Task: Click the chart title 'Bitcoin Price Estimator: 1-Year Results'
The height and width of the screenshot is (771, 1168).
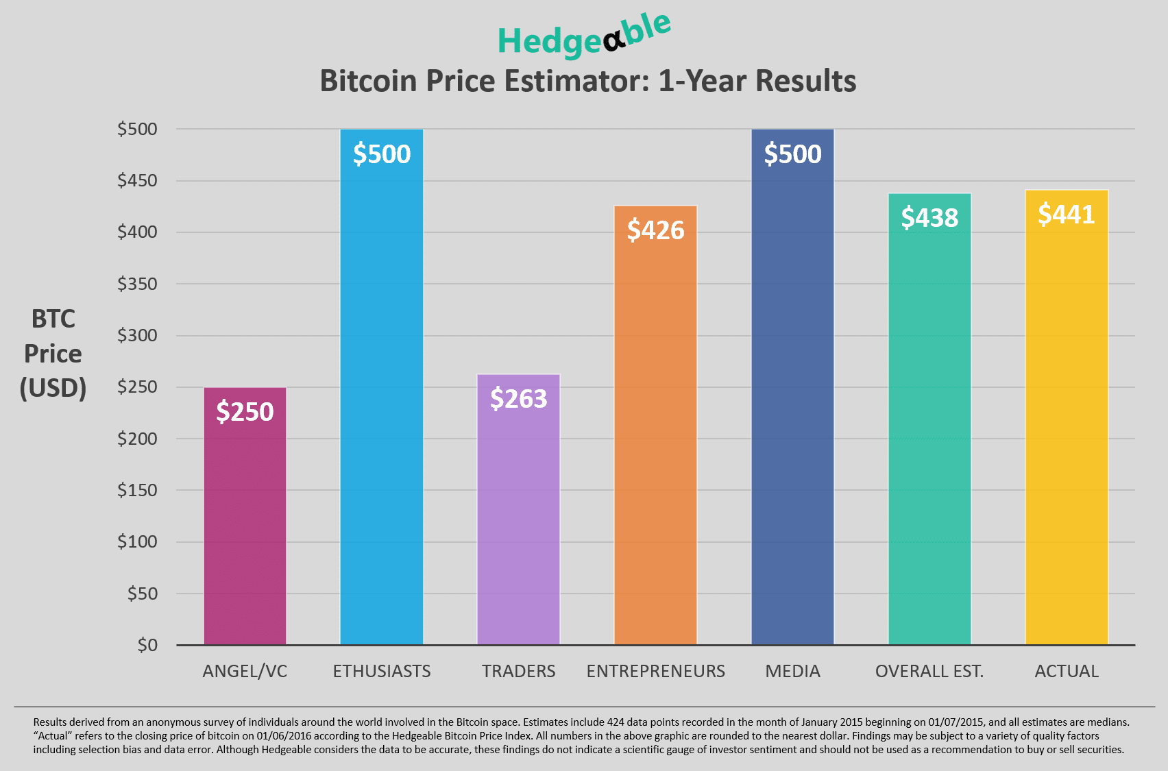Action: tap(587, 81)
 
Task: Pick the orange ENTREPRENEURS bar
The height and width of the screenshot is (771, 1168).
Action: tap(655, 445)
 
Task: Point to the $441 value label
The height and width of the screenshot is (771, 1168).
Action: tap(1067, 215)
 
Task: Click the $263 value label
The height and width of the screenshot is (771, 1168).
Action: tap(518, 399)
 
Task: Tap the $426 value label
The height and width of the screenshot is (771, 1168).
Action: tap(655, 230)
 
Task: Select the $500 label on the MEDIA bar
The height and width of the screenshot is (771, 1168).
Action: tap(792, 154)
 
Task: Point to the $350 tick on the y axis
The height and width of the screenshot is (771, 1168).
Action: tap(137, 284)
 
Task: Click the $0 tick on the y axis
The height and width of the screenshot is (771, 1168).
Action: tap(147, 645)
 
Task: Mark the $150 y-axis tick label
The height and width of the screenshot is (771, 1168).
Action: tap(137, 490)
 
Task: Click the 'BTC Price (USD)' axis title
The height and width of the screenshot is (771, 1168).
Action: tap(53, 354)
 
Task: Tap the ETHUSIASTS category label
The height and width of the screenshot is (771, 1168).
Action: tap(382, 672)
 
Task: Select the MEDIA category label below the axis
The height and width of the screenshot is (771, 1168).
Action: tap(792, 672)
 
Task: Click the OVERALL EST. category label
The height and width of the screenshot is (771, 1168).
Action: tap(929, 672)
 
